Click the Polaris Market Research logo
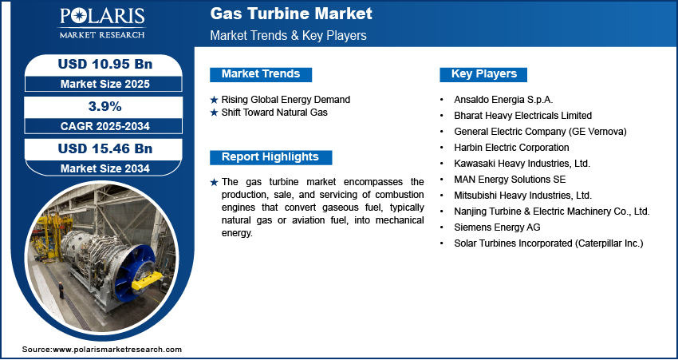[x=102, y=22]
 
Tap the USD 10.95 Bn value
[x=105, y=64]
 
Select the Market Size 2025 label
[x=105, y=84]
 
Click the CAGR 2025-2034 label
[x=105, y=126]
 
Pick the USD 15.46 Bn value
[x=105, y=148]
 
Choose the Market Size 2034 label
[x=105, y=168]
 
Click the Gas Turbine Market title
[x=291, y=14]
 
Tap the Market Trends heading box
[x=261, y=74]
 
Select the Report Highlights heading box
[x=270, y=157]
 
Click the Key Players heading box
[x=483, y=74]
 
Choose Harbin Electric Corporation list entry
[x=511, y=148]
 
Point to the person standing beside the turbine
[x=61, y=291]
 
